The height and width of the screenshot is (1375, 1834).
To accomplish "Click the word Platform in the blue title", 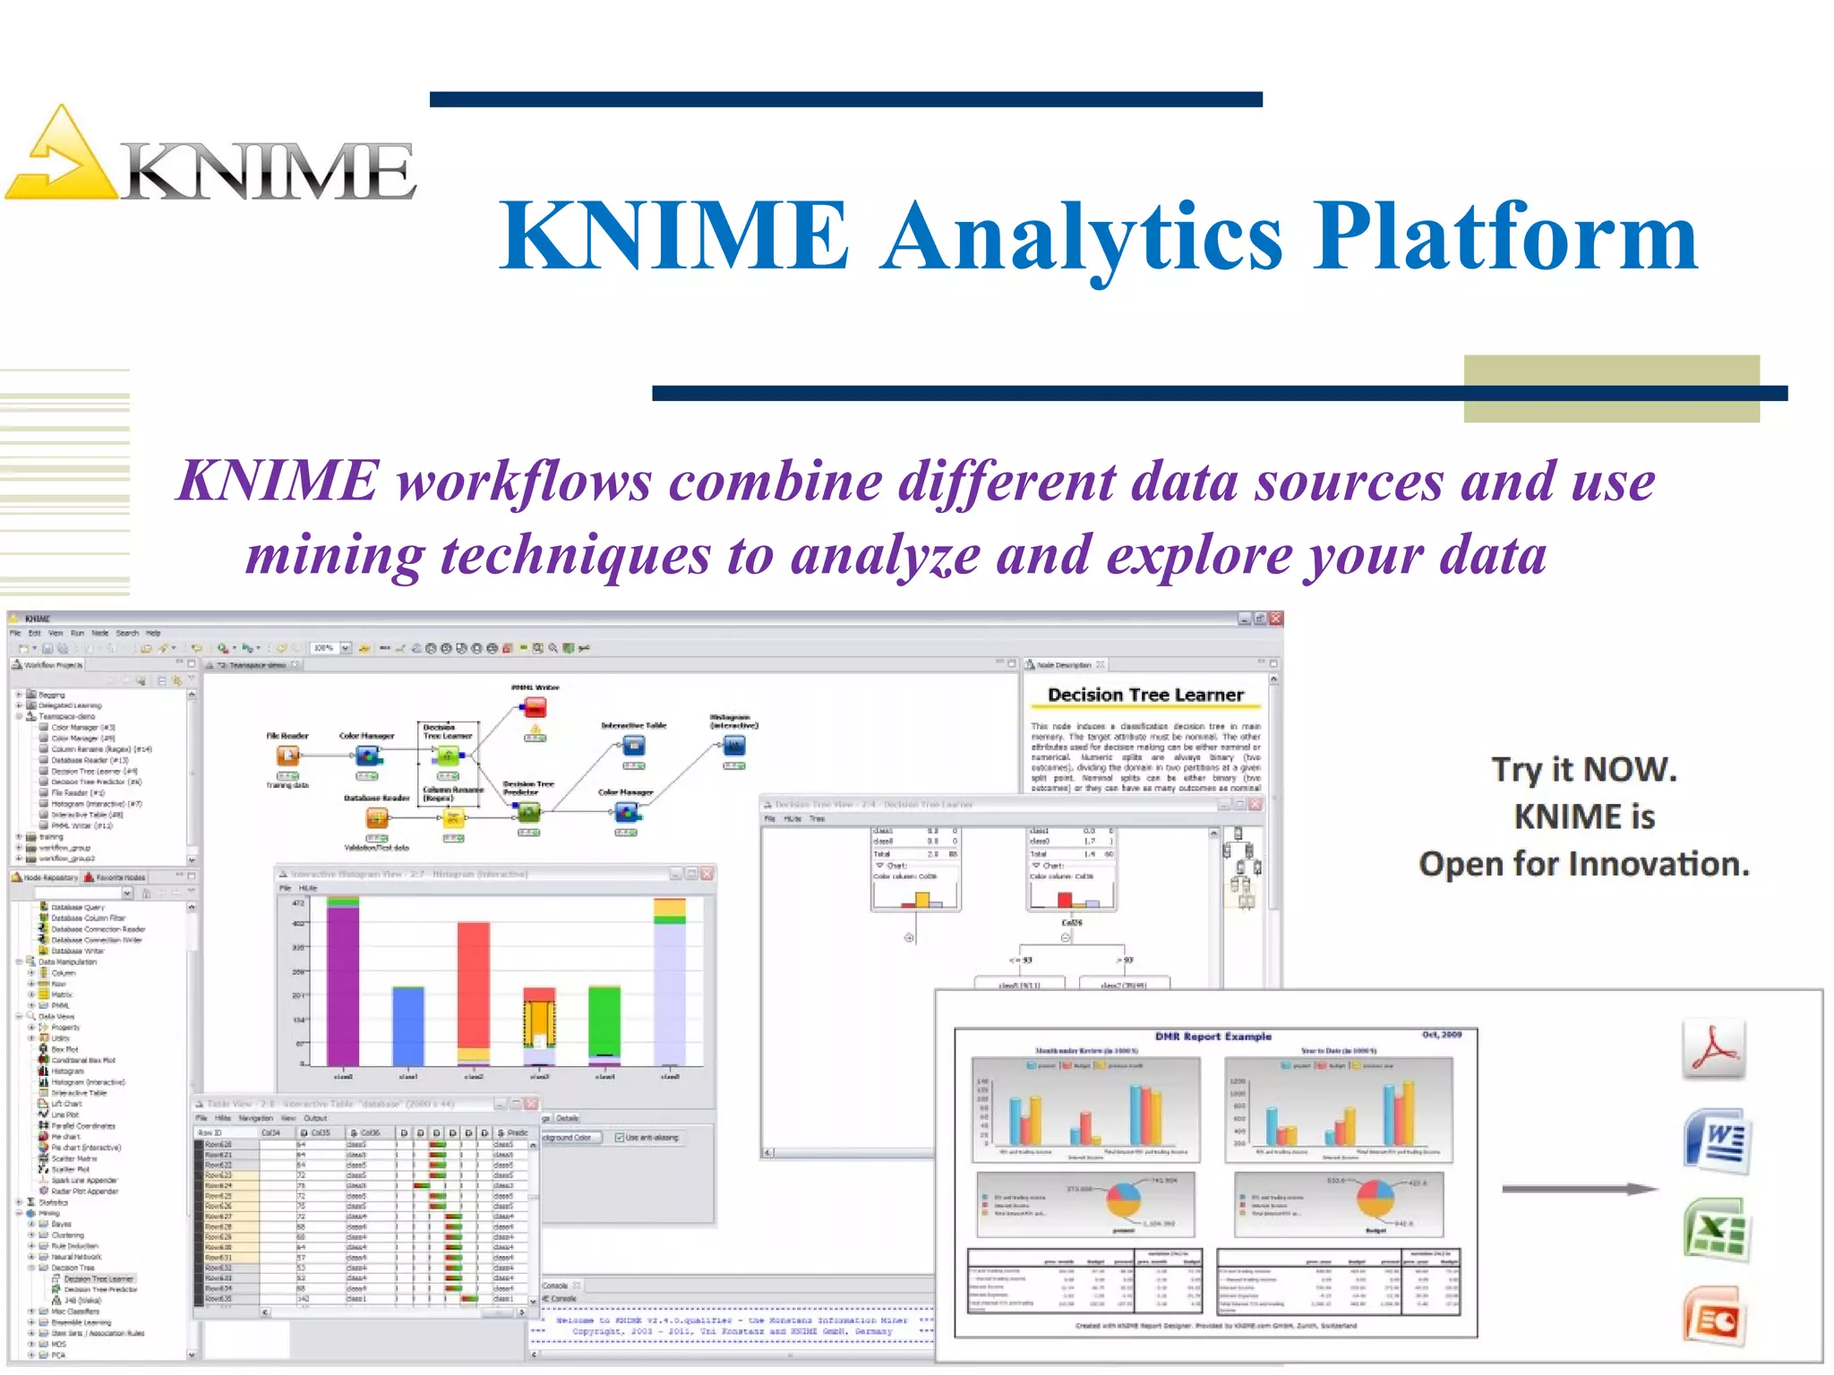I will [x=1504, y=236].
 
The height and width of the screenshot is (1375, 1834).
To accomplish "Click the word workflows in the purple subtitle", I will [x=524, y=482].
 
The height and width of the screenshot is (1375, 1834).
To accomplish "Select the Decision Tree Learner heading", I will [x=1145, y=695].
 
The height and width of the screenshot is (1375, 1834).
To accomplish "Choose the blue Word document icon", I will [x=1716, y=1141].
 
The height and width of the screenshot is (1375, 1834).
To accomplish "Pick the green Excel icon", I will [x=1716, y=1231].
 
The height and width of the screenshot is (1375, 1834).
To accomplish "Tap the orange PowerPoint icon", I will [x=1714, y=1316].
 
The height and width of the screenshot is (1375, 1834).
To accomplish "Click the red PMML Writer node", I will [x=536, y=709].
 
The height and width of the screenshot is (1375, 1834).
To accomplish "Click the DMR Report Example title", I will [x=1213, y=1037].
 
